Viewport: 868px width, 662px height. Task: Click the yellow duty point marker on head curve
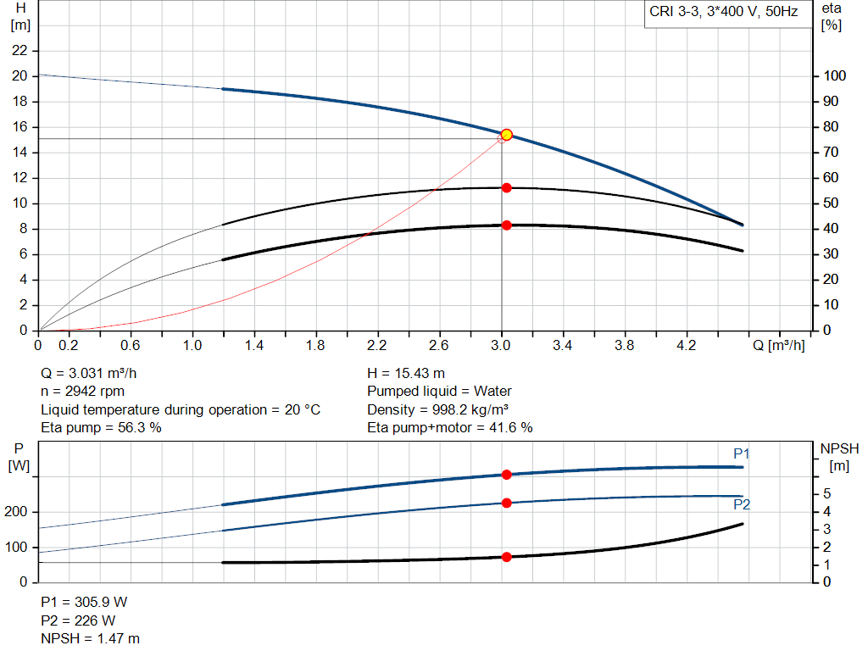(507, 134)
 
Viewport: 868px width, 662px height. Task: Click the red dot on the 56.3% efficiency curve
(507, 187)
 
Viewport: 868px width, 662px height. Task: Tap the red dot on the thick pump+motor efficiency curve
(507, 225)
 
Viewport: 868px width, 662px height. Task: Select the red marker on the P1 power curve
(507, 475)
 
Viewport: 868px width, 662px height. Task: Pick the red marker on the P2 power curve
(507, 503)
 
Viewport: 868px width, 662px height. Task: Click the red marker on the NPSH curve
(507, 557)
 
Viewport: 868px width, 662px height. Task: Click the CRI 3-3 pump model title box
(724, 13)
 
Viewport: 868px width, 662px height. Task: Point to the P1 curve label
(742, 454)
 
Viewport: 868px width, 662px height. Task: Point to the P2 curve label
(742, 504)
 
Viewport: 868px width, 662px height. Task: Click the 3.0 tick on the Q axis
(501, 346)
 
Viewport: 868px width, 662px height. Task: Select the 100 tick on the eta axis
(835, 76)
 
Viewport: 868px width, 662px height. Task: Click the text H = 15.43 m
(406, 373)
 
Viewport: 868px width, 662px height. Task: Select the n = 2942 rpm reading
(83, 392)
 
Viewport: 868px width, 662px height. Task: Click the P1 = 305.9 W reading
(84, 602)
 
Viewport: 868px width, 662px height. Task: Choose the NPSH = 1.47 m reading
(91, 638)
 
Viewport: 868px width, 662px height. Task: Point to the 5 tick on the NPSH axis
(826, 493)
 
